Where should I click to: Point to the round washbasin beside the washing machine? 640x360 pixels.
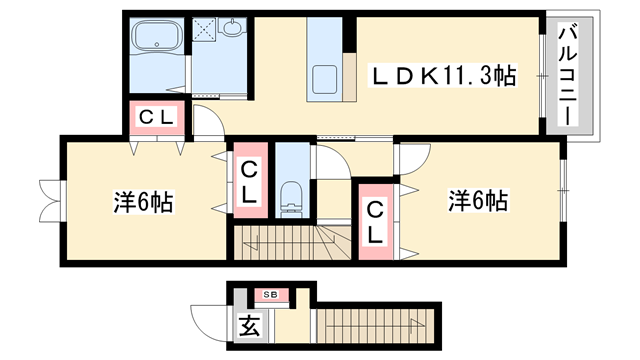click(234, 30)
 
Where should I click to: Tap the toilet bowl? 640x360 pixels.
click(293, 196)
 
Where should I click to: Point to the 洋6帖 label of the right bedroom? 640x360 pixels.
click(478, 200)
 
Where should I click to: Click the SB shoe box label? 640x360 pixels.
click(271, 295)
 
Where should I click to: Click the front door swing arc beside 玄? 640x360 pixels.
click(204, 322)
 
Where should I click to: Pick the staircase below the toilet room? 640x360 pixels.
click(290, 242)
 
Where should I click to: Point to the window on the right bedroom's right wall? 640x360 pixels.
click(563, 186)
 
